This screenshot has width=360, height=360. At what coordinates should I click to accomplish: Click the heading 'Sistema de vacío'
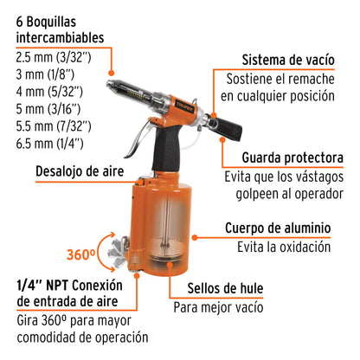[x=288, y=61]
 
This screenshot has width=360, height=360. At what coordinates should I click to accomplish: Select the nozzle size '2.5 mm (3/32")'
[x=54, y=57]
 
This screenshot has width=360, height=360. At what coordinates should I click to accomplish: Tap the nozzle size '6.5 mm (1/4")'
[x=49, y=144]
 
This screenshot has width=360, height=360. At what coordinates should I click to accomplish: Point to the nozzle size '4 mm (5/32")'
[x=49, y=92]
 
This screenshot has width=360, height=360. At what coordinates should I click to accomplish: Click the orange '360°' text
[x=80, y=254]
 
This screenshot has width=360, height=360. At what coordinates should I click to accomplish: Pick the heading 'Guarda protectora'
[x=292, y=157]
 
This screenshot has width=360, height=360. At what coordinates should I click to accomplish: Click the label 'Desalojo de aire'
[x=80, y=171]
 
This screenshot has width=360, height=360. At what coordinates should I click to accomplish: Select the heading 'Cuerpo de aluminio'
[x=278, y=228]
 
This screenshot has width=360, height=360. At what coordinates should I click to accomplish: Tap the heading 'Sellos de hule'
[x=225, y=288]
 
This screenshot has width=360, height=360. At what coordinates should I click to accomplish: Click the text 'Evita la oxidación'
[x=284, y=247]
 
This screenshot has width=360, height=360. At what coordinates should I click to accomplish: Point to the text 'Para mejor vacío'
[x=218, y=307]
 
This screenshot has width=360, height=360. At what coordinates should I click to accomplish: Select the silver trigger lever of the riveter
[x=138, y=140]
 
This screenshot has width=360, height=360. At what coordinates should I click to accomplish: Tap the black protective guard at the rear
[x=228, y=128]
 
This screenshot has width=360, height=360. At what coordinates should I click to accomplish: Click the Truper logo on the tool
[x=185, y=106]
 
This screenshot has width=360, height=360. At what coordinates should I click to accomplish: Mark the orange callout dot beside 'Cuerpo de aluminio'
[x=195, y=238]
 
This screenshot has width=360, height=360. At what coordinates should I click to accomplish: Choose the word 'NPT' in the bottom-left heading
[x=57, y=286]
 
